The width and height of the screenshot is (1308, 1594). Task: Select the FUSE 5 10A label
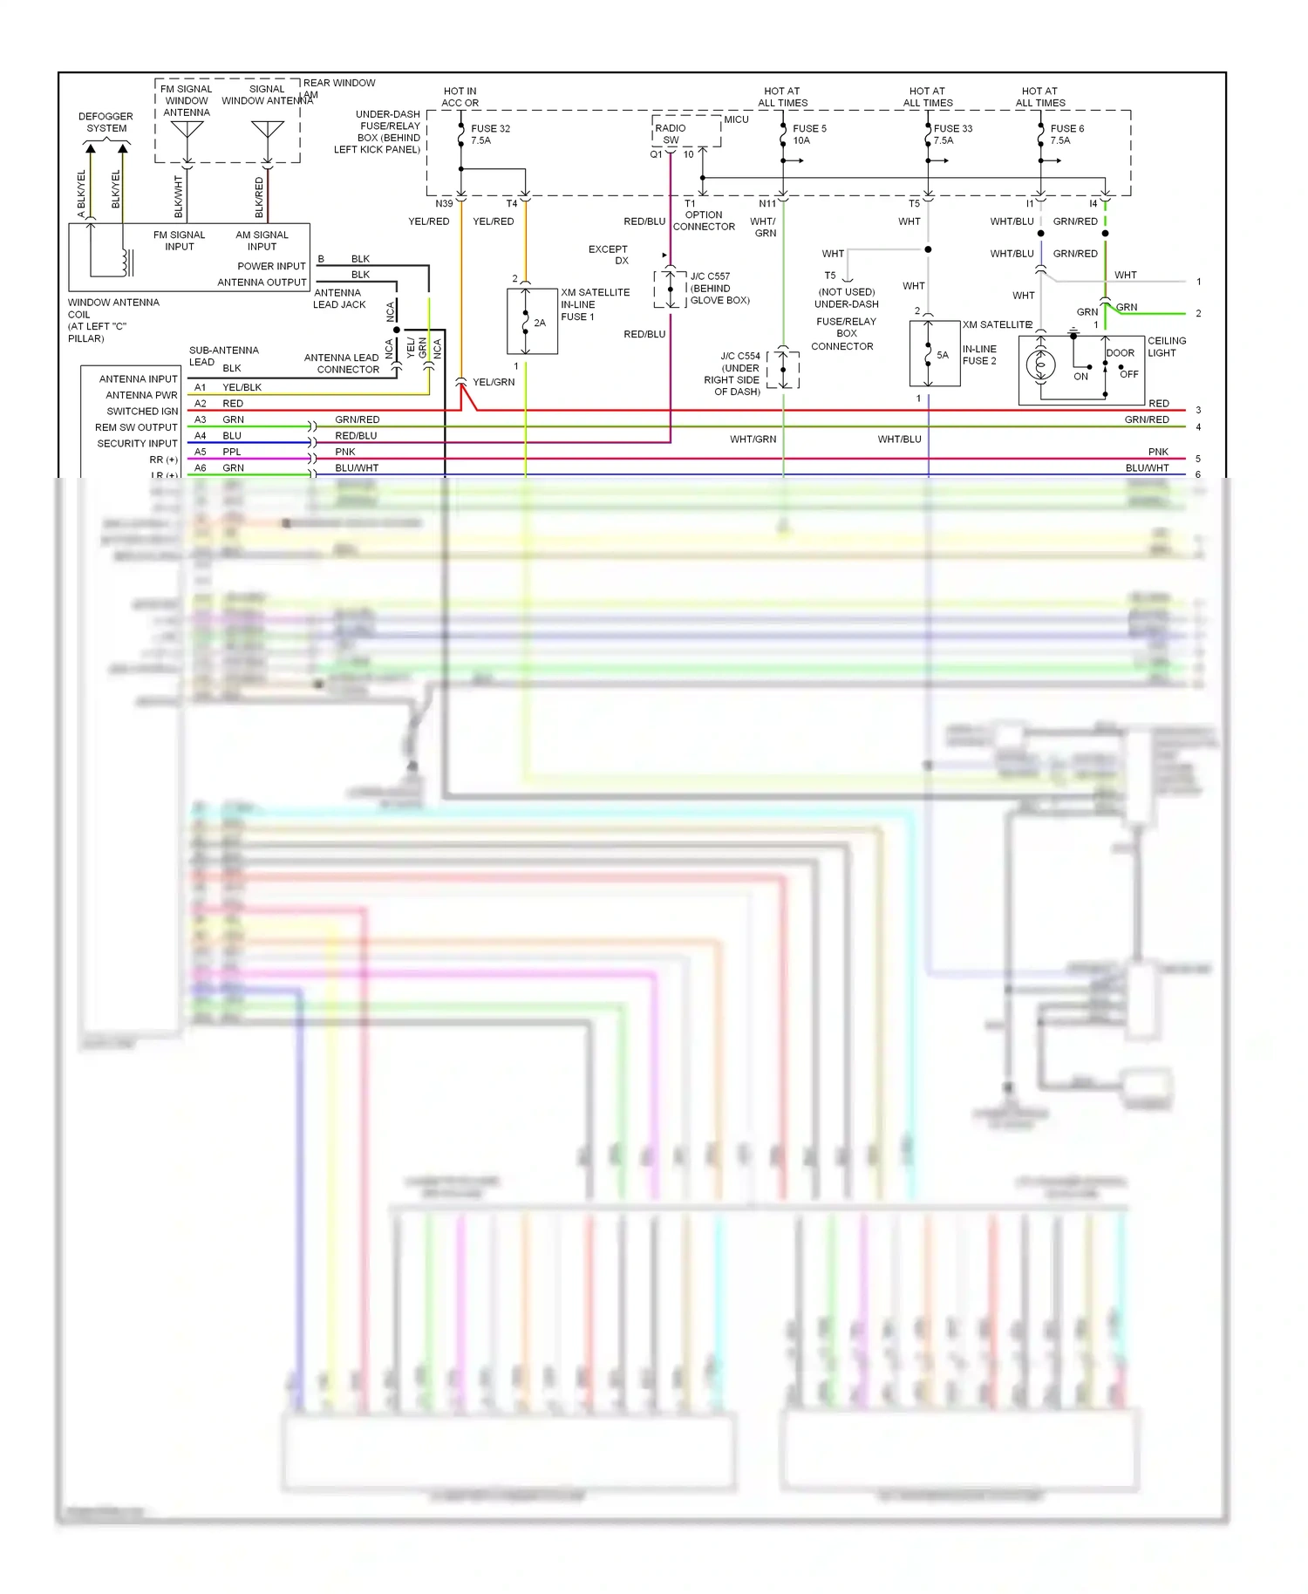[808, 134]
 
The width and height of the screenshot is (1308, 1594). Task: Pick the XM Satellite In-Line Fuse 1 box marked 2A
[532, 321]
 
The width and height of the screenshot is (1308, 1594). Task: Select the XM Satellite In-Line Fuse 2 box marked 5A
[935, 353]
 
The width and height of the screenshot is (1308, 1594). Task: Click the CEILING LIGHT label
[1166, 347]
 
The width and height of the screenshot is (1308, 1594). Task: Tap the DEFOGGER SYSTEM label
[106, 122]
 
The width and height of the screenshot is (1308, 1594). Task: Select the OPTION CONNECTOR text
[704, 221]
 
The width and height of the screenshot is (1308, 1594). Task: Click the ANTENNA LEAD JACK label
[339, 298]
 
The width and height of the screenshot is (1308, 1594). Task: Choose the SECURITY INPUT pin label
[137, 444]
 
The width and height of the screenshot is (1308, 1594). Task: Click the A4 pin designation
[201, 436]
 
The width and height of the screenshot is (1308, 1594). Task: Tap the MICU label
[736, 119]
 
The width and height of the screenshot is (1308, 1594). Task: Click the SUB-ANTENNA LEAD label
[223, 356]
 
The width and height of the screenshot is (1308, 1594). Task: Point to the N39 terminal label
[444, 204]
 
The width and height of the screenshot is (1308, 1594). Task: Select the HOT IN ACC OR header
[460, 97]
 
